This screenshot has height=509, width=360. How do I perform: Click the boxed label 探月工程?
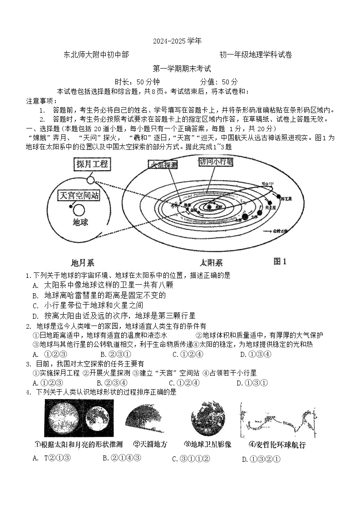click(92, 164)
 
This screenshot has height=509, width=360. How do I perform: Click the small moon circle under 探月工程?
click(90, 180)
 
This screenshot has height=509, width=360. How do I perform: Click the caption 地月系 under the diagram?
click(83, 262)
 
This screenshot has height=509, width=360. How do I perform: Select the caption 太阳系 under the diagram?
click(211, 262)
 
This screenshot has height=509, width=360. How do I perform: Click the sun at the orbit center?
click(210, 206)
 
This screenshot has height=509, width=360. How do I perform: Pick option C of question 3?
click(184, 383)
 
